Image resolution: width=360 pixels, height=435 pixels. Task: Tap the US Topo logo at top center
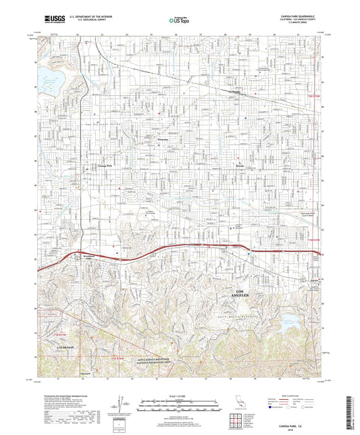tap(179, 21)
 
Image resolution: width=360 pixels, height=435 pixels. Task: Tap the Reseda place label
tap(240, 163)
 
